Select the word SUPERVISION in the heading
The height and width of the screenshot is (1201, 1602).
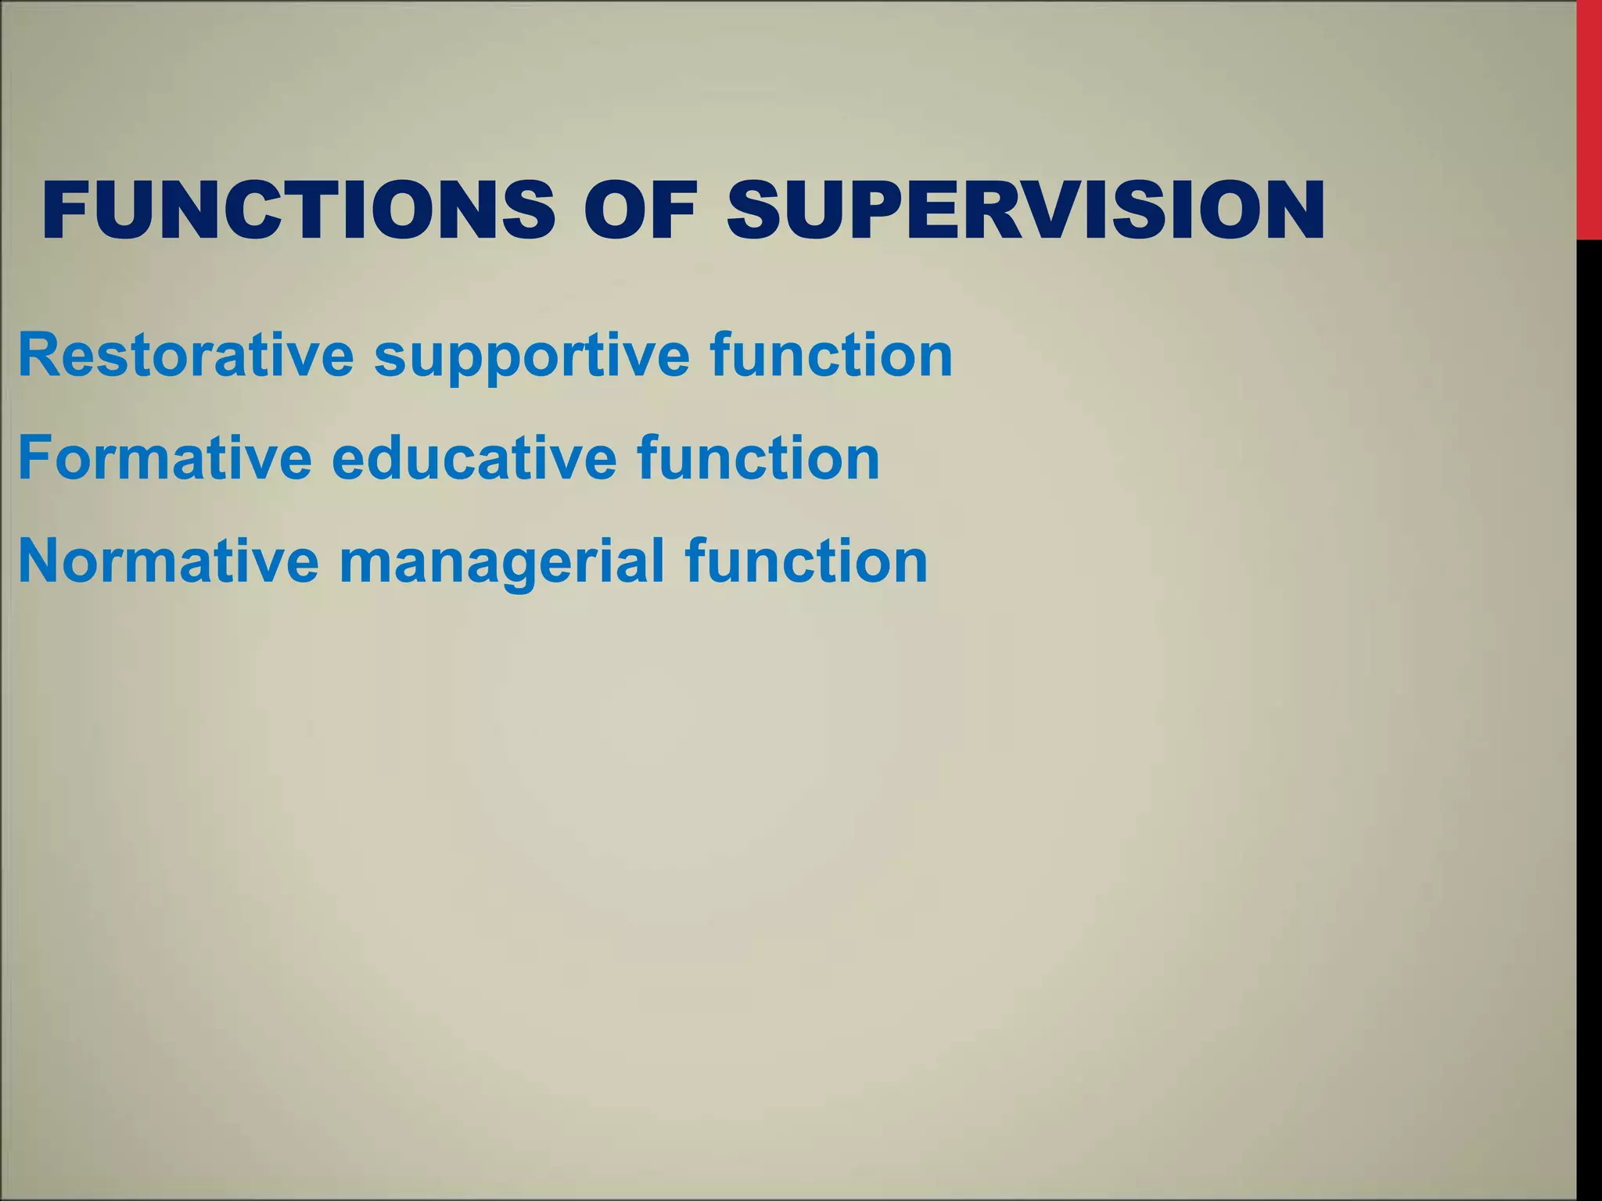[1025, 210]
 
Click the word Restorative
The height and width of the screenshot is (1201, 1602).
[185, 356]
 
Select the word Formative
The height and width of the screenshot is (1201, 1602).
[164, 458]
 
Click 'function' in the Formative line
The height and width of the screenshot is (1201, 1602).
[758, 458]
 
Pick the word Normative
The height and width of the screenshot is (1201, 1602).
[168, 561]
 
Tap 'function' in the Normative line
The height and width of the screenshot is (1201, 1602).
[806, 561]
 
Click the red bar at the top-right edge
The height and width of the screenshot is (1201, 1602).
[1589, 117]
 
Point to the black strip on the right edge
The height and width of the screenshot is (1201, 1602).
[1589, 704]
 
